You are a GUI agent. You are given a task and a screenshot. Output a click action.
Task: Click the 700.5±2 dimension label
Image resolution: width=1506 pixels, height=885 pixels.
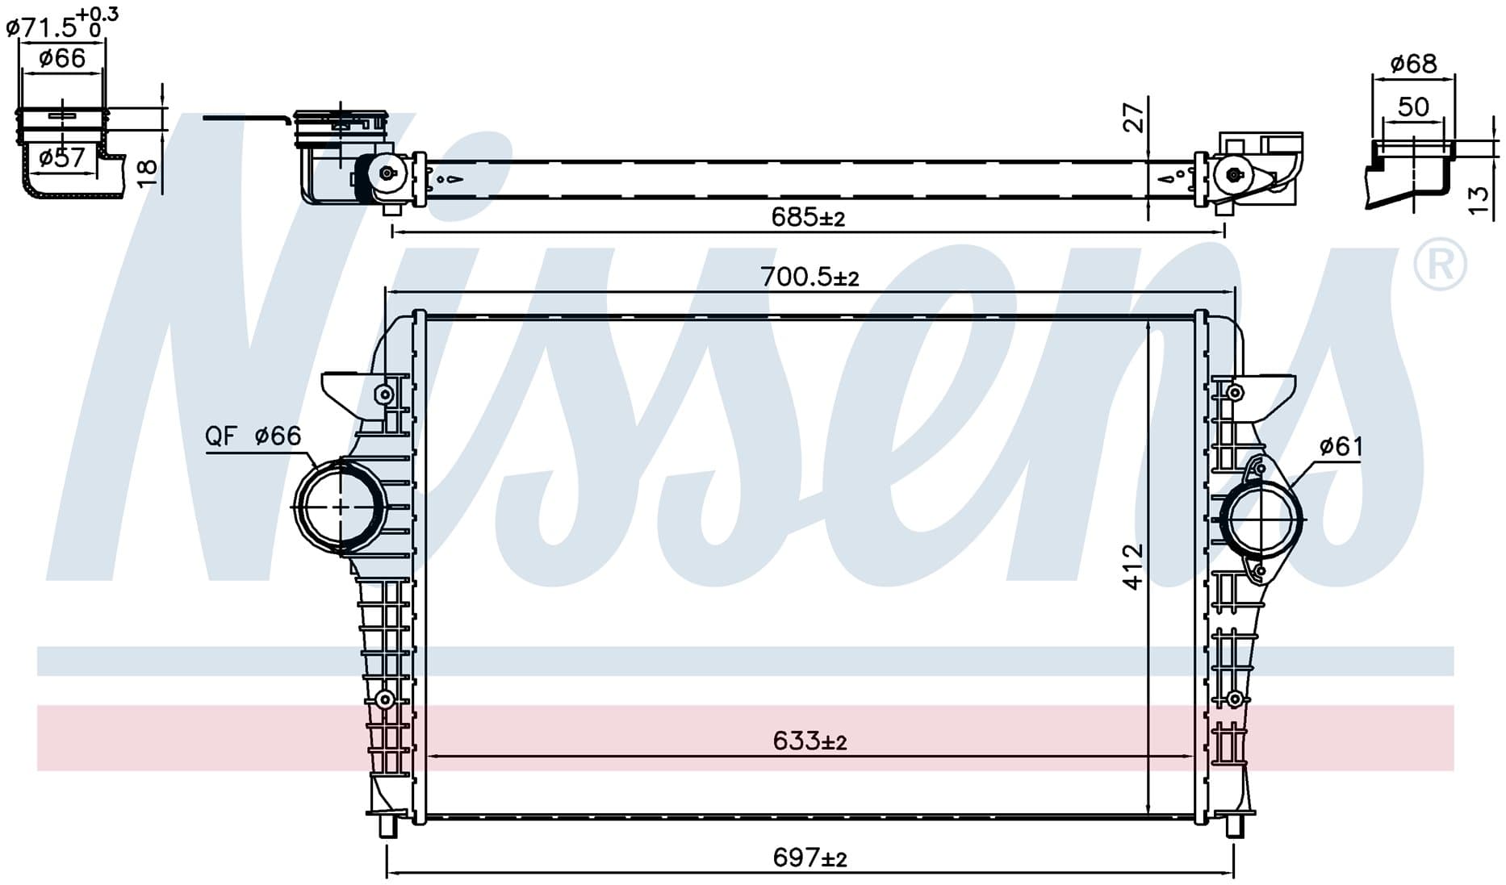point(809,277)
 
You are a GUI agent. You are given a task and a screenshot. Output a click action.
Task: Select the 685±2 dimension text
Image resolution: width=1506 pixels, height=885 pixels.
point(808,217)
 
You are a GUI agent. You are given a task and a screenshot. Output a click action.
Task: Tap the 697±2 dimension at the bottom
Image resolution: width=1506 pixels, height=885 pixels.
point(809,857)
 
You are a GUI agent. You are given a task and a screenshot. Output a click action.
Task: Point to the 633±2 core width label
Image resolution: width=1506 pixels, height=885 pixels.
point(809,741)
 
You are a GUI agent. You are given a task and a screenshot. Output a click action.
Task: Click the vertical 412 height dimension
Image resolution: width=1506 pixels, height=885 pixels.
point(1133,566)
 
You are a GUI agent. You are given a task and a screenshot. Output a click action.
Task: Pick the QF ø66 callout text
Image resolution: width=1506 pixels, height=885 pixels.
point(253,436)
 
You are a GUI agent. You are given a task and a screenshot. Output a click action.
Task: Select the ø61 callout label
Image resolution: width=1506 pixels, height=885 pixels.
point(1341,446)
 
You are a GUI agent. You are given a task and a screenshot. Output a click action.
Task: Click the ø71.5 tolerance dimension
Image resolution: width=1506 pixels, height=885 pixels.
point(62,23)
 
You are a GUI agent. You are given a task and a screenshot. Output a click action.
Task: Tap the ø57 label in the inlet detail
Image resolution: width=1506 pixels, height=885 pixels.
point(62,157)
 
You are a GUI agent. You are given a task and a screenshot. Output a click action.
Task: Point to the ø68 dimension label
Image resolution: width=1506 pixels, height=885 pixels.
point(1413,63)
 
